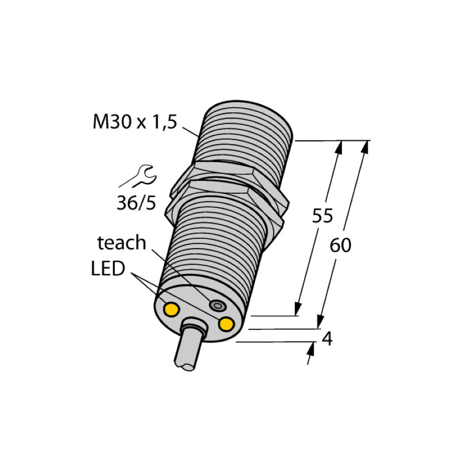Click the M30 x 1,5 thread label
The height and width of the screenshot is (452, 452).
pyautogui.click(x=134, y=122)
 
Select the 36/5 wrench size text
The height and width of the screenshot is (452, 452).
pyautogui.click(x=136, y=202)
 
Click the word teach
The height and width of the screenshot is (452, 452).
pyautogui.click(x=121, y=243)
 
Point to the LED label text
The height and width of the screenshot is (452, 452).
pyautogui.click(x=107, y=269)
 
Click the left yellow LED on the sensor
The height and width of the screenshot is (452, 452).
pyautogui.click(x=171, y=308)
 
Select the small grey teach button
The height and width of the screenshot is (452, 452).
pyautogui.click(x=216, y=306)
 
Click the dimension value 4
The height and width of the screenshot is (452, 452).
pyautogui.click(x=326, y=340)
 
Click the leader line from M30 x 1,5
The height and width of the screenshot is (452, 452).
pyautogui.click(x=190, y=129)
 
